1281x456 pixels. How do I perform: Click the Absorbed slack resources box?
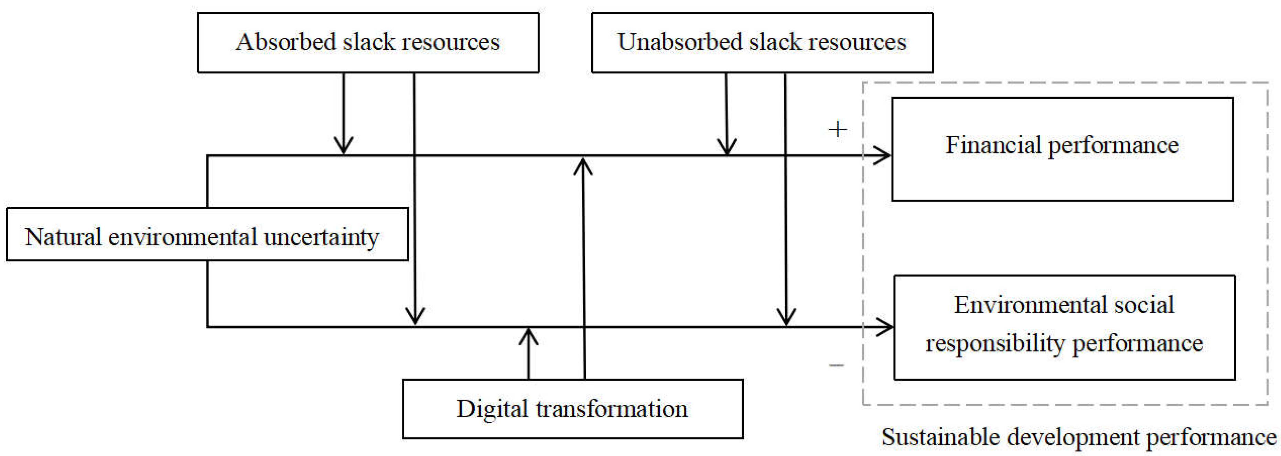click(368, 43)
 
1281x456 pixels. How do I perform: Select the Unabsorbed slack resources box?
click(762, 43)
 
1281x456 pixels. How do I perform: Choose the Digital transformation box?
click(572, 409)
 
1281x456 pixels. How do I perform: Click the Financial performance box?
click(1062, 149)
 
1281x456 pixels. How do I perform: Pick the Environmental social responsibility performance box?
click(1064, 327)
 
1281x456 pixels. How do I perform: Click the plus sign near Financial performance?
click(837, 129)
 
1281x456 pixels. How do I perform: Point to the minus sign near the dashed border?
click(837, 366)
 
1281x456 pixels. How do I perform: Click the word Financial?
click(993, 145)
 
